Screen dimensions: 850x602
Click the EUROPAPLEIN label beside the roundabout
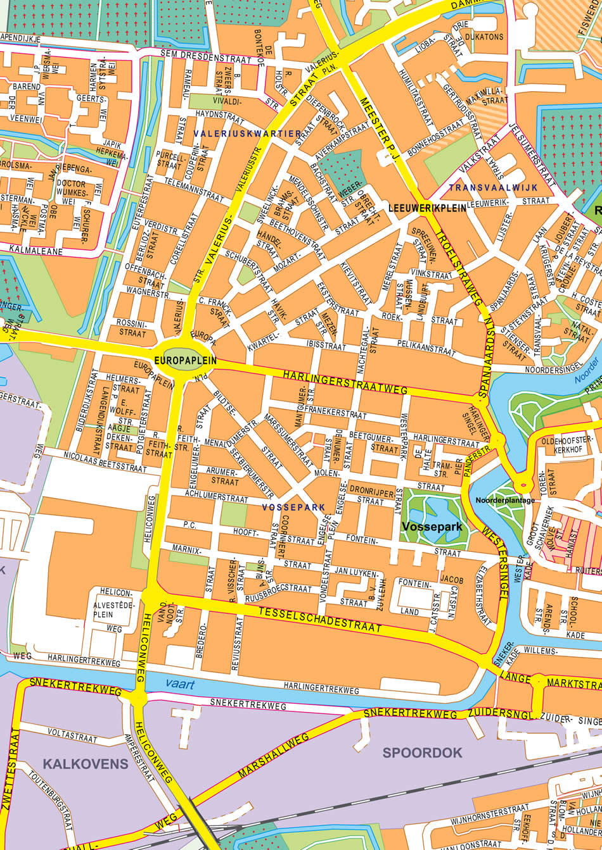185,360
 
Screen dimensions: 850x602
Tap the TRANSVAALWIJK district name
493,188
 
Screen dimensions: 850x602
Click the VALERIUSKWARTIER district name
248,134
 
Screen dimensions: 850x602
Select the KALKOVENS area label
86,764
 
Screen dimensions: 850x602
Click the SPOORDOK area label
422,753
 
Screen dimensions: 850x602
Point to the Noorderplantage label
506,500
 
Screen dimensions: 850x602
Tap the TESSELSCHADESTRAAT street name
320,620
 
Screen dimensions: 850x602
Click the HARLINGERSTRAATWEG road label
345,383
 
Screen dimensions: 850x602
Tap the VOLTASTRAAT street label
69,735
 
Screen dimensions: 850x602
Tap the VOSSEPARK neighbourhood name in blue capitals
293,508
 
